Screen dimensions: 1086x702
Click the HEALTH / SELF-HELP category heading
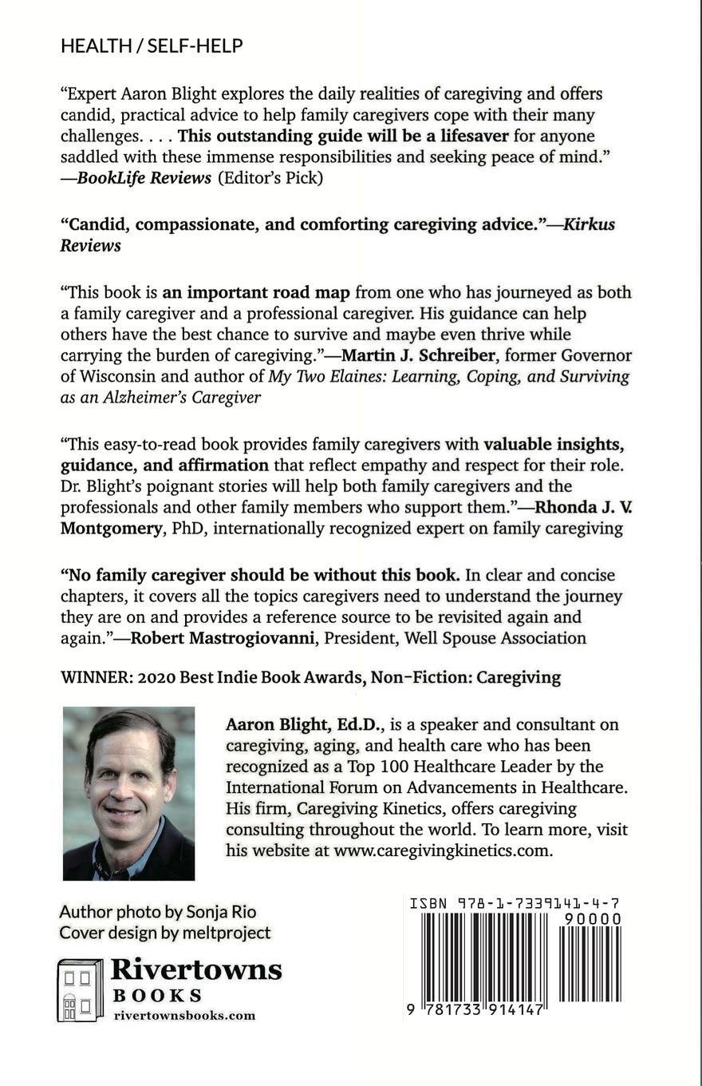[x=152, y=46]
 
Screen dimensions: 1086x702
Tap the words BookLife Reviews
[x=144, y=178]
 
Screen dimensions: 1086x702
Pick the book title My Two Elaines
[x=324, y=376]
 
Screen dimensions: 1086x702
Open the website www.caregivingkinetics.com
[x=442, y=850]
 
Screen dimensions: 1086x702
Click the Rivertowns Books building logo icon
[x=81, y=990]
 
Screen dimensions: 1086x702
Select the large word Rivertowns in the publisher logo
[x=196, y=970]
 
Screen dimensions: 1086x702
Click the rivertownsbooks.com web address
[x=184, y=1016]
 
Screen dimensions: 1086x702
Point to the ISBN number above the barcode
[x=515, y=904]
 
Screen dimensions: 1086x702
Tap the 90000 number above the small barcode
[x=592, y=919]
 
